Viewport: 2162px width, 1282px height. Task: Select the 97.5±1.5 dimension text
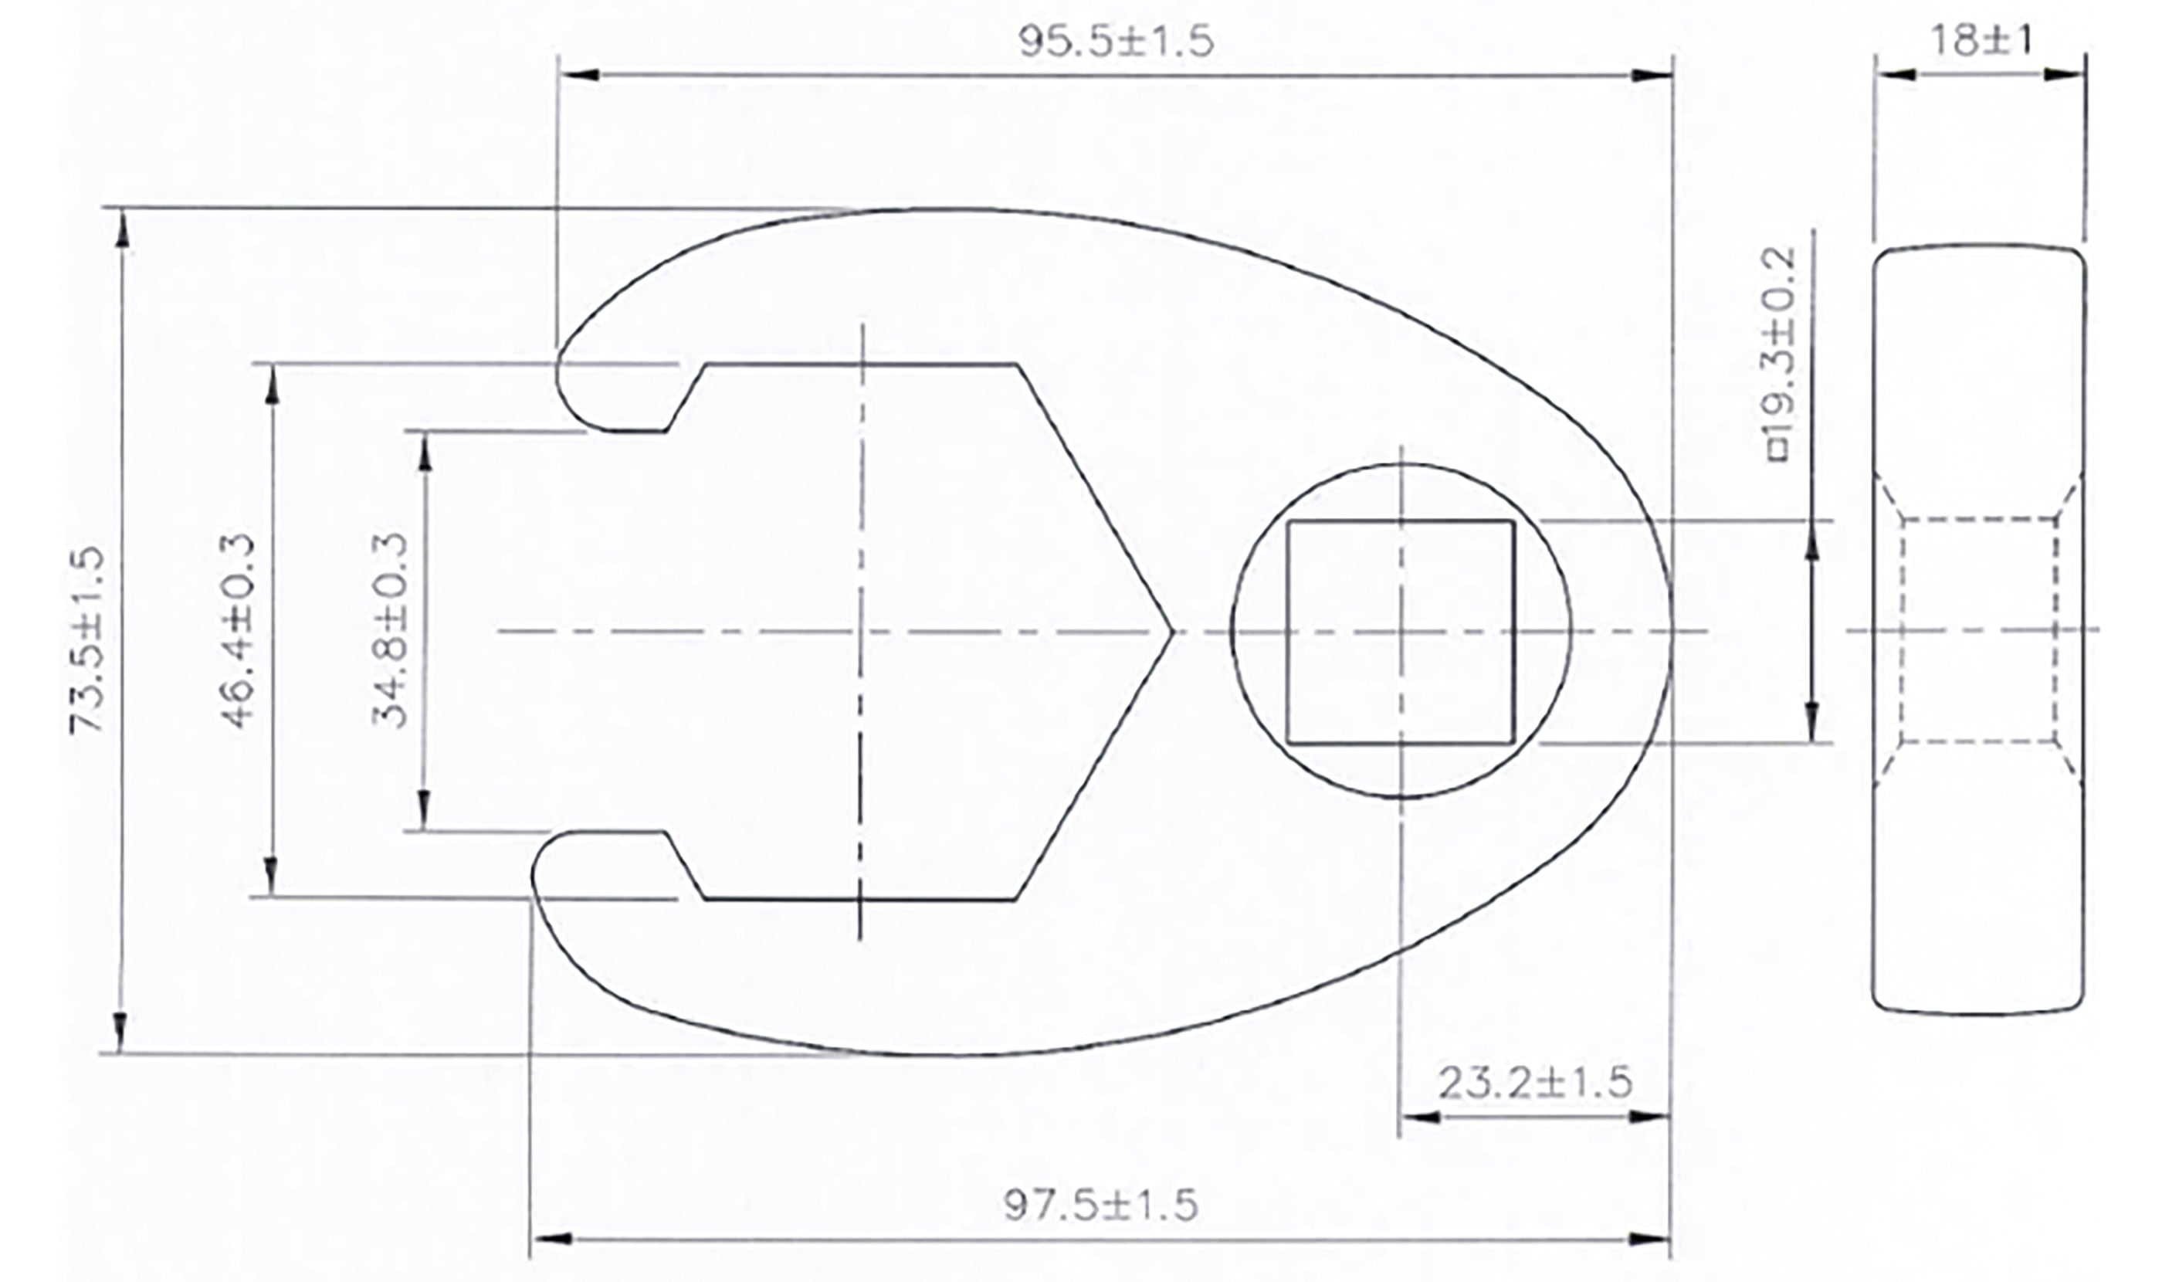pos(1100,1205)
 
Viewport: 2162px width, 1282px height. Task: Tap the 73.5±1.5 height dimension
pos(86,640)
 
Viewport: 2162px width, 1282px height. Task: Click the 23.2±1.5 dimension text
pos(1535,1083)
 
